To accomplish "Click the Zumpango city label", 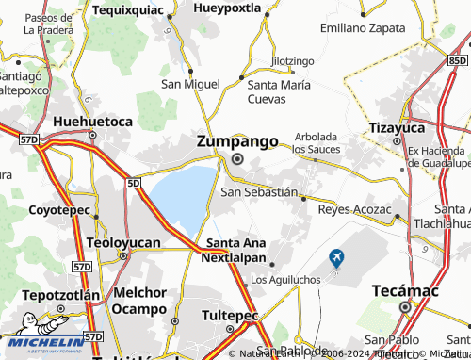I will tap(237, 141).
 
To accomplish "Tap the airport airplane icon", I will tap(336, 256).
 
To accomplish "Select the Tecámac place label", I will tap(405, 289).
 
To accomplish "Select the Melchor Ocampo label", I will tap(146, 300).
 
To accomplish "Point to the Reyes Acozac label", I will tap(354, 208).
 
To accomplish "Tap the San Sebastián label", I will tap(258, 191).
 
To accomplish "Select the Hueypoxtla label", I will tap(226, 8).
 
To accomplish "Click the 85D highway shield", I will tap(457, 60).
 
